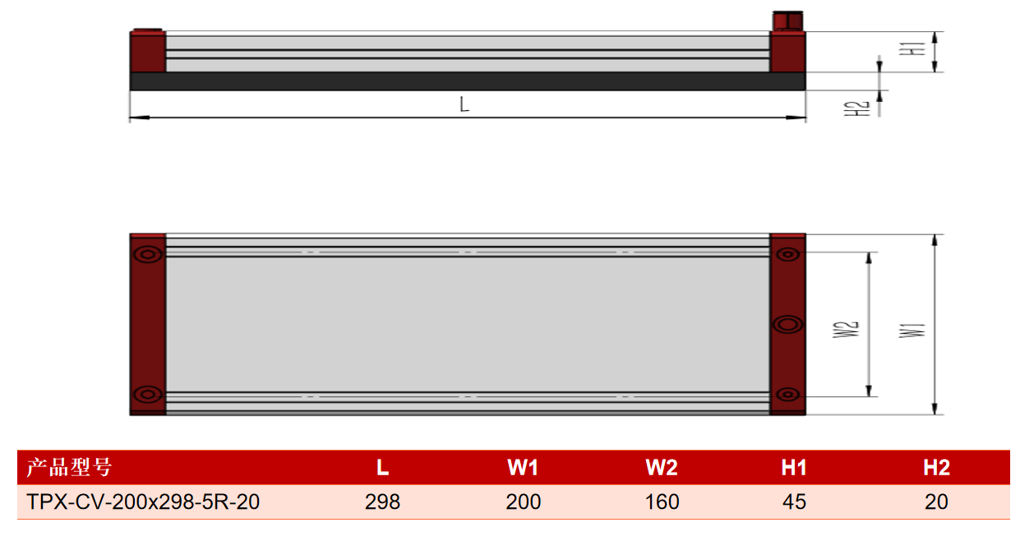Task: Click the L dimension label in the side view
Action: [464, 104]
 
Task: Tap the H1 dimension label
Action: [912, 49]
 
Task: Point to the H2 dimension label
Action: [856, 109]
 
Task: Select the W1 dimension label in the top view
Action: [912, 331]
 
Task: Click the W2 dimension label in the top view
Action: [846, 330]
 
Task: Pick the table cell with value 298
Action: [382, 502]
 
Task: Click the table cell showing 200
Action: [523, 502]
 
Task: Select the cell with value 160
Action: [662, 502]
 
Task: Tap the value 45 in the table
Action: [794, 502]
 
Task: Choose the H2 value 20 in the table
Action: [936, 502]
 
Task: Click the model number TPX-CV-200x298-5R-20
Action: [143, 502]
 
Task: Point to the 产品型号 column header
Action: [69, 467]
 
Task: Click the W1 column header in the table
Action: [523, 468]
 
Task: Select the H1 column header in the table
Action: [794, 468]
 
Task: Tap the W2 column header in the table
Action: [662, 468]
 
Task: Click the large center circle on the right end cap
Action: [787, 325]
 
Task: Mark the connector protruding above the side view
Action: [788, 21]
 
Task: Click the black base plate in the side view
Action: [468, 81]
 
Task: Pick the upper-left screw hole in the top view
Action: [148, 254]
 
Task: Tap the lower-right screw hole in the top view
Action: [787, 395]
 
